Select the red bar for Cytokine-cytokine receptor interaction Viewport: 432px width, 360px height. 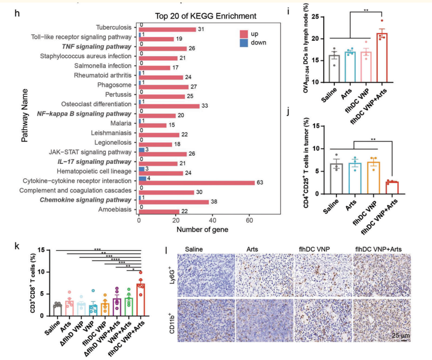[197, 182]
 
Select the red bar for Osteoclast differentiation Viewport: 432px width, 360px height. [169, 106]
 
